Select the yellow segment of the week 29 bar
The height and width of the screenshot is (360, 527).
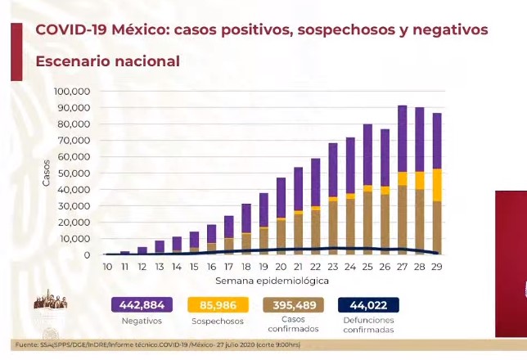(x=437, y=184)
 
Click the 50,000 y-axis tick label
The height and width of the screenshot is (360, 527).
(x=74, y=173)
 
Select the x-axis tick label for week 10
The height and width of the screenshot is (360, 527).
(x=107, y=267)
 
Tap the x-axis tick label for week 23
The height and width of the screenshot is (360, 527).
(x=332, y=267)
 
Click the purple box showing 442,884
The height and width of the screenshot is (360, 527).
(x=142, y=305)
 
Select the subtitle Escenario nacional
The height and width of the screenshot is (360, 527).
(x=107, y=61)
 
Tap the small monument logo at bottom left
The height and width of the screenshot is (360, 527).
(x=50, y=301)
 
